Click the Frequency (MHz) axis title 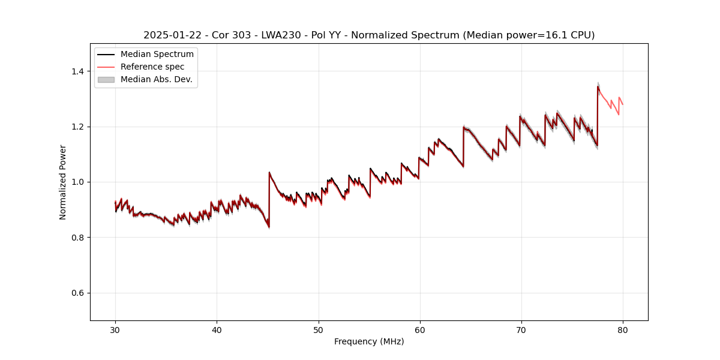[369, 341]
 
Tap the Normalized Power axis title [62, 182]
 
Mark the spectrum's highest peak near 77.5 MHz [598, 86]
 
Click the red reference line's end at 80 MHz [623, 104]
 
